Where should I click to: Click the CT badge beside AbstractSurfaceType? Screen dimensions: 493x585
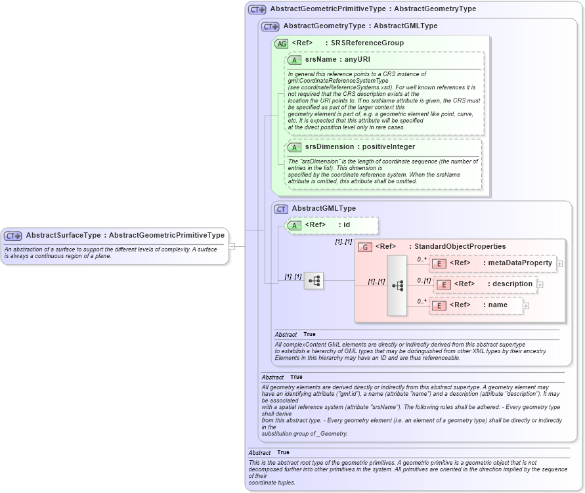13,236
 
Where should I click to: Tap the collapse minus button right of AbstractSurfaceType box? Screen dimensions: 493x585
232,246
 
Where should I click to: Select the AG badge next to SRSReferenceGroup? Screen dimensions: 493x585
281,43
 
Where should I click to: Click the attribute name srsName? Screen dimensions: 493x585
320,60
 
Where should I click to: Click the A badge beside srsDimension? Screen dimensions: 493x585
294,147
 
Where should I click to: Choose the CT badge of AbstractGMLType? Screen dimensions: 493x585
281,209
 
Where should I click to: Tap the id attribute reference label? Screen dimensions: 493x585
347,225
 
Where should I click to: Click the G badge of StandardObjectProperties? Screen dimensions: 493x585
364,247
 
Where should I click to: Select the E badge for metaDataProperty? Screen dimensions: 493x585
439,263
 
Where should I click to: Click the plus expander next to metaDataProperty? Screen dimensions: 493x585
559,264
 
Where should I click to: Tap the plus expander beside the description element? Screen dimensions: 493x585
540,284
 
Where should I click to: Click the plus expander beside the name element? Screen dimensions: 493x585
526,305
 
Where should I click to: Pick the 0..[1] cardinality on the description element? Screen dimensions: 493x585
423,281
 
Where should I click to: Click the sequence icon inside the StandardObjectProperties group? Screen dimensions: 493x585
398,286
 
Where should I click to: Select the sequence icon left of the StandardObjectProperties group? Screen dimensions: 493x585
314,281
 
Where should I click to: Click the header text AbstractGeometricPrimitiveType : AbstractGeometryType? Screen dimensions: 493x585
373,9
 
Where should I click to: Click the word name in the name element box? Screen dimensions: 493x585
498,305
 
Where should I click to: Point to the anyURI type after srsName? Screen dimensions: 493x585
358,60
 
